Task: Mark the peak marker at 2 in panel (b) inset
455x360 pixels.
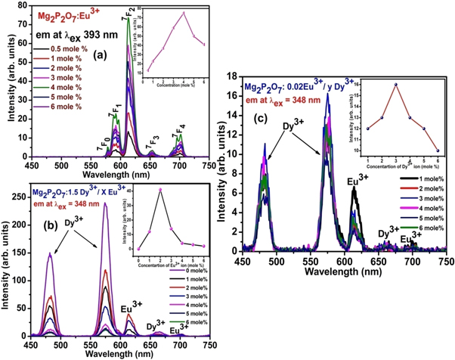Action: pyautogui.click(x=160, y=189)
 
